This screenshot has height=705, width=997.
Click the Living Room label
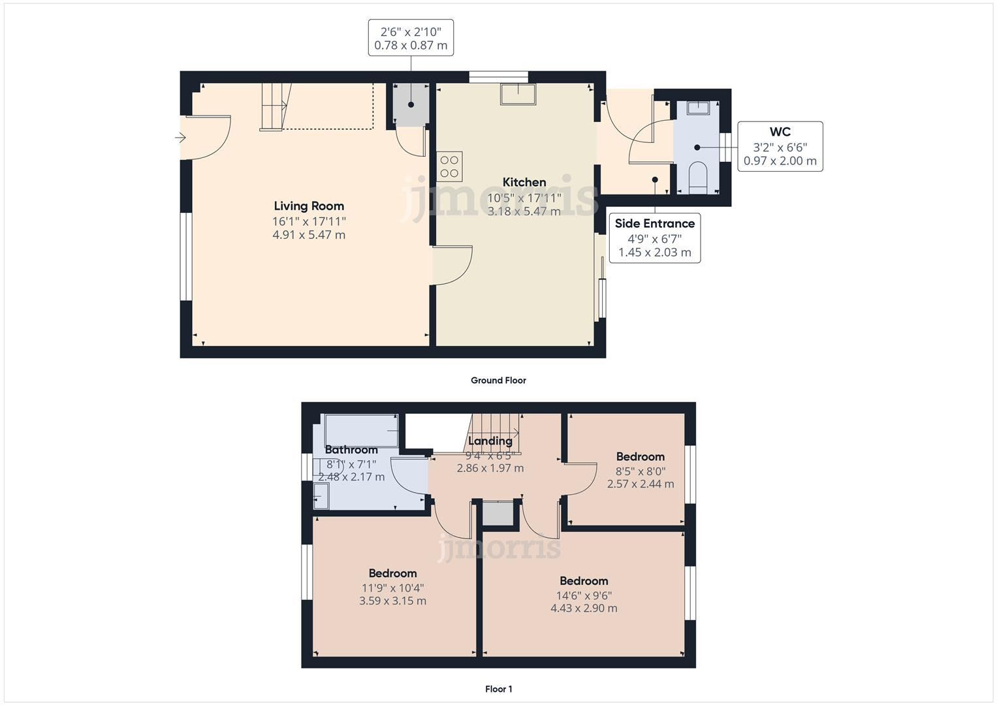click(309, 206)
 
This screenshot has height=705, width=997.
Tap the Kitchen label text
click(524, 183)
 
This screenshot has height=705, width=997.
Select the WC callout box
click(780, 146)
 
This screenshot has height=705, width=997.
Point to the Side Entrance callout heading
click(654, 224)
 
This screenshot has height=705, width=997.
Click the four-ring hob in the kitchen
click(449, 166)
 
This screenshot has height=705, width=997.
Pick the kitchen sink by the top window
click(518, 94)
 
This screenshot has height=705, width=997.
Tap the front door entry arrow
click(180, 138)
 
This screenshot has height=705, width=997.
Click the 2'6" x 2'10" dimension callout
click(411, 38)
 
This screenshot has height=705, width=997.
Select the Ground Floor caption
click(498, 381)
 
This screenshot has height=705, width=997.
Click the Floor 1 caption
click(498, 689)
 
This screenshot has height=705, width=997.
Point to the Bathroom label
click(351, 450)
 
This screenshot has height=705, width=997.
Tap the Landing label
click(490, 441)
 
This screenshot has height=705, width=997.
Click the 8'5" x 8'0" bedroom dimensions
click(640, 471)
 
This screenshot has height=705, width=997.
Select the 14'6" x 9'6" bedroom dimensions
click(584, 595)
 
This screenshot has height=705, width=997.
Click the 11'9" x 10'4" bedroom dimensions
click(392, 587)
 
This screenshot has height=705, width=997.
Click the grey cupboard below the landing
click(498, 513)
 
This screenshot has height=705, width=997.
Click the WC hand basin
click(697, 108)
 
